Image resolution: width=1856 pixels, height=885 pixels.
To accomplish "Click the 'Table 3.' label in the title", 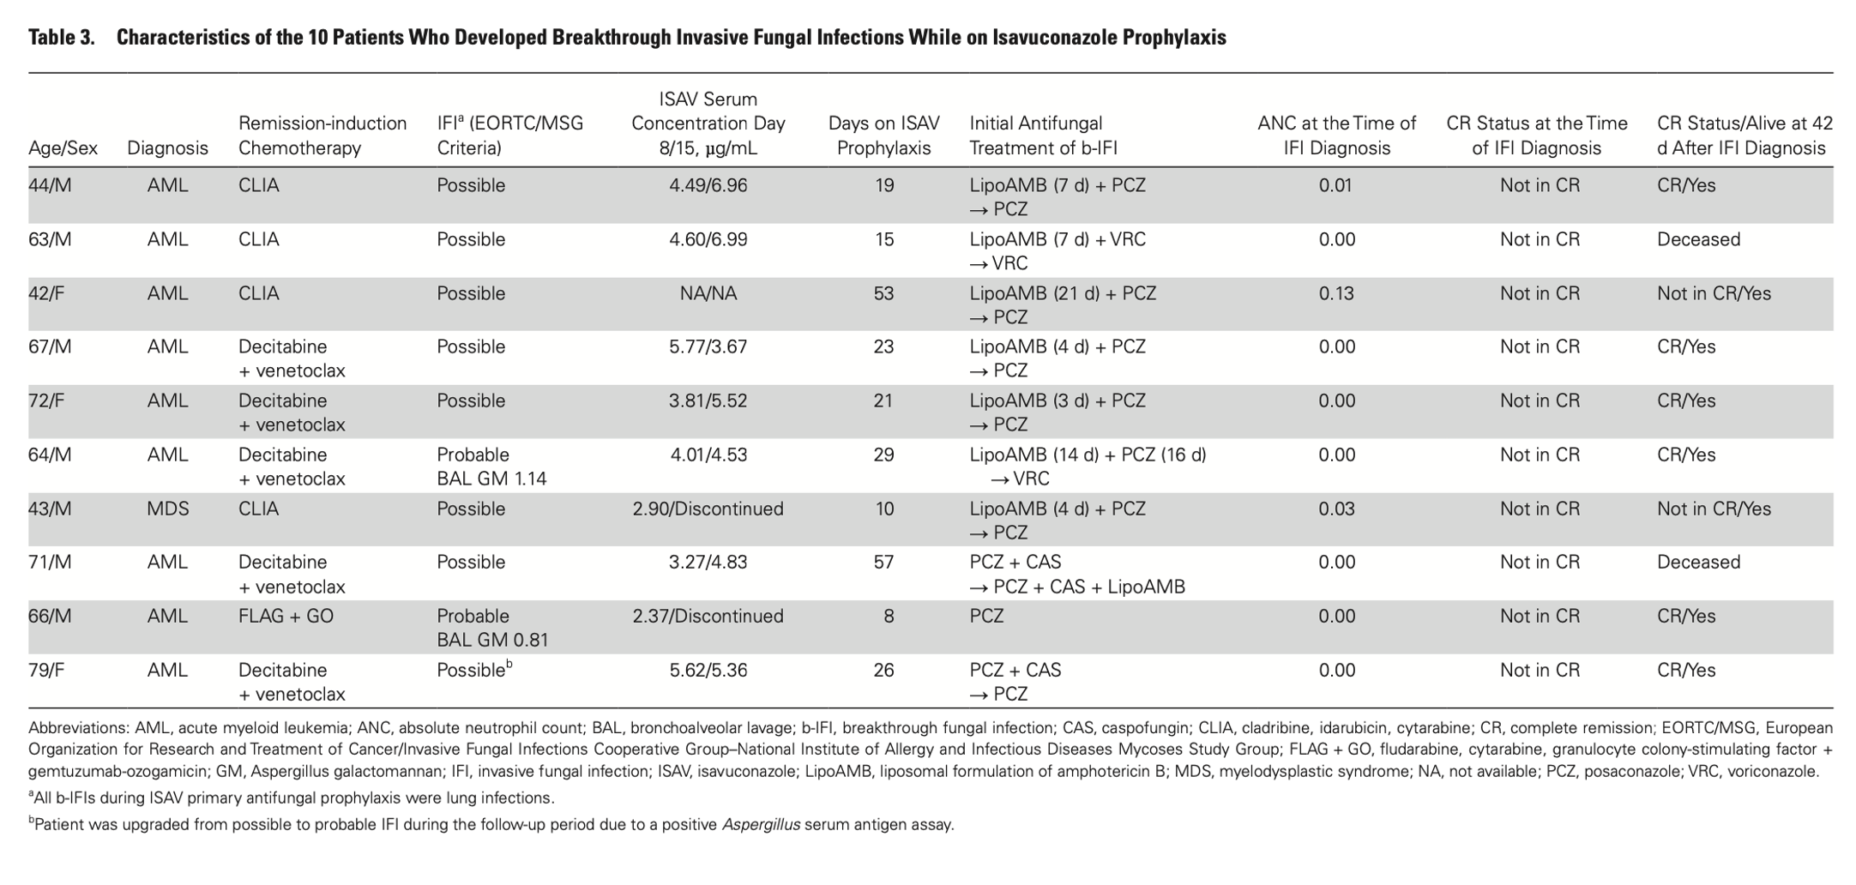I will point(61,38).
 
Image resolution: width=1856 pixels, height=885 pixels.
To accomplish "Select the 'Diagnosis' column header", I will point(167,147).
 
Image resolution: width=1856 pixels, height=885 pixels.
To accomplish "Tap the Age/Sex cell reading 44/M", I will point(50,185).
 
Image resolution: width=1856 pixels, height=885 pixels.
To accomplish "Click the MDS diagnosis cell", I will point(167,509).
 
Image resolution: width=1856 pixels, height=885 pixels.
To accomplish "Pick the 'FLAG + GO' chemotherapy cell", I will point(286,616).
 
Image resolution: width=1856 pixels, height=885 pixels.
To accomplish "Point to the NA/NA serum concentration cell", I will point(708,293).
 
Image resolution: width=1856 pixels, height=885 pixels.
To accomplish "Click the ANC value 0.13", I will point(1336,293).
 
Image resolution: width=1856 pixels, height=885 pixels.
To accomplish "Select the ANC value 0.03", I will point(1336,509).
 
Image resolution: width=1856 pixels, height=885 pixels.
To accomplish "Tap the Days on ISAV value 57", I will point(883,563).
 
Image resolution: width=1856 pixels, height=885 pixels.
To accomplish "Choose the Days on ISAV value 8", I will point(889,616).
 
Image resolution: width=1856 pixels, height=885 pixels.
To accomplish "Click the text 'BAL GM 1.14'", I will point(491,479).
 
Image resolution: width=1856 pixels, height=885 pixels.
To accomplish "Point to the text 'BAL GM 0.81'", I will point(491,640).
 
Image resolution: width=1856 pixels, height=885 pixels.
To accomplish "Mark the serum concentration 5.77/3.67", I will point(708,346).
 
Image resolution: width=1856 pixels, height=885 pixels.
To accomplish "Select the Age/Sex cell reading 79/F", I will point(46,670).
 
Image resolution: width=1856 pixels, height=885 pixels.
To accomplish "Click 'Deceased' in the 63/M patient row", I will point(1698,239).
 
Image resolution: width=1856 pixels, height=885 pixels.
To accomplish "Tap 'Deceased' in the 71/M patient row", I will point(1698,563).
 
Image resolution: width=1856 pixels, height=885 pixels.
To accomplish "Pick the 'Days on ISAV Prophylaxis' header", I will point(883,135).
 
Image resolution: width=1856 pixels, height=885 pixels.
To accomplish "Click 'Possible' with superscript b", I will point(473,670).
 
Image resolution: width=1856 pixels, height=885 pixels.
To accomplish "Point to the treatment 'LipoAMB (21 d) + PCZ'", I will point(1063,293).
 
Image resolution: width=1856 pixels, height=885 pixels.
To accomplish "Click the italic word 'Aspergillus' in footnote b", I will point(761,825).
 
